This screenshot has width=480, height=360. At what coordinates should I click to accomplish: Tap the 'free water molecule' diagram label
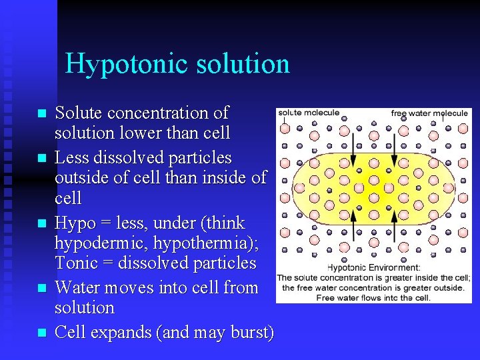pos(429,113)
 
